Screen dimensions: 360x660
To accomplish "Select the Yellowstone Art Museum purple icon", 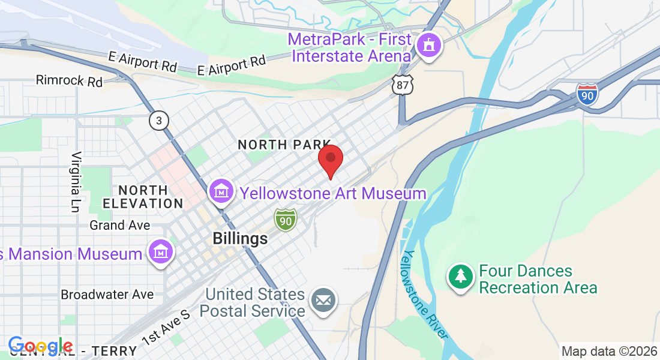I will [221, 191].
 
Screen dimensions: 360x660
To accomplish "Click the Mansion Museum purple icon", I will [161, 253].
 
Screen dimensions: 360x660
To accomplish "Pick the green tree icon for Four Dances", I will [460, 277].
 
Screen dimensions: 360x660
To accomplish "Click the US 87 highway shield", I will [402, 85].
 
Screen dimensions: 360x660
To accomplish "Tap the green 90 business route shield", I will [286, 220].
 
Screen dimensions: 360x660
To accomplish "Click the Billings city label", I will [240, 239].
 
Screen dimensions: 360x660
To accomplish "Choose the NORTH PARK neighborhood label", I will [284, 145].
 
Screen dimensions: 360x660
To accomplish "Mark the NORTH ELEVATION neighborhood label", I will [143, 197].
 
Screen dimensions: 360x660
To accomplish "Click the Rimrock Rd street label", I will [69, 80].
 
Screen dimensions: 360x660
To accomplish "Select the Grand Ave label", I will [119, 226].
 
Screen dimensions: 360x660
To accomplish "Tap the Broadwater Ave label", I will [107, 295].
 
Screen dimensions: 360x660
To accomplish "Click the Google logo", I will [41, 346].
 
